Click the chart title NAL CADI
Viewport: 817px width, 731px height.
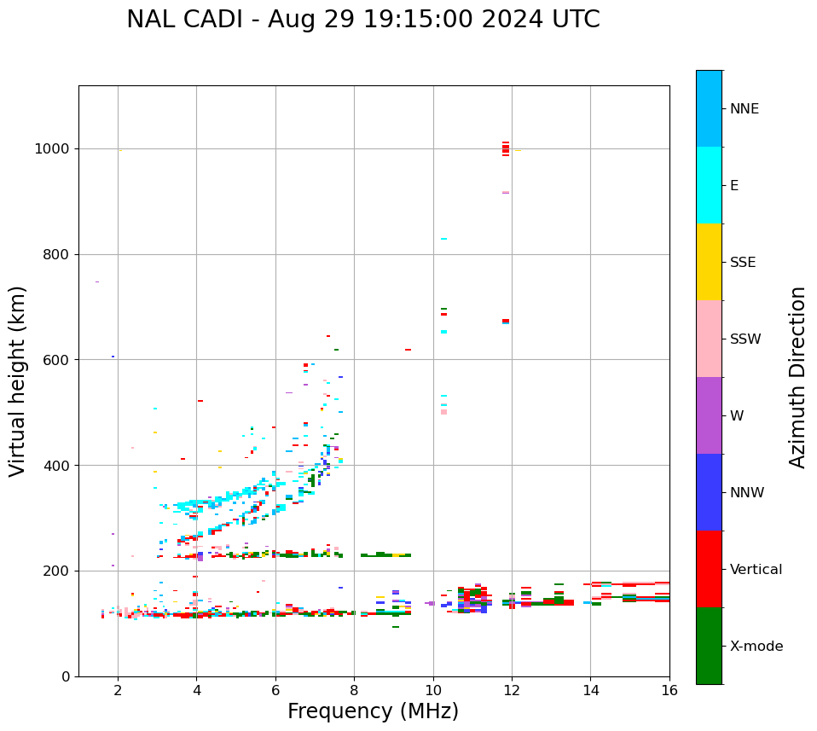click(362, 20)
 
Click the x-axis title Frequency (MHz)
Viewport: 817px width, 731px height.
click(373, 711)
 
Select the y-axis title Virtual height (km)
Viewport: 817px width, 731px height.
click(18, 380)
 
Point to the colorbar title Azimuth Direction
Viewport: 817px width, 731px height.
click(797, 377)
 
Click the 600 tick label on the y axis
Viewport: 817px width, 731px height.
click(55, 360)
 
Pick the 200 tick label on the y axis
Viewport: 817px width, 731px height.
click(55, 571)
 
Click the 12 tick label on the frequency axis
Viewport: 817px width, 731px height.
click(512, 690)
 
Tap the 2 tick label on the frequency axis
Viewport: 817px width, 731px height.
click(118, 690)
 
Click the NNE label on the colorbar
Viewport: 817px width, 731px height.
click(745, 109)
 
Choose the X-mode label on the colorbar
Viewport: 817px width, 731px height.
click(756, 647)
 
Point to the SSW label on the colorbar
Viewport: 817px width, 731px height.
click(745, 339)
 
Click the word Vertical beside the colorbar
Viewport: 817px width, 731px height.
click(756, 570)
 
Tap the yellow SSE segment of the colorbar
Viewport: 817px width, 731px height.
click(709, 262)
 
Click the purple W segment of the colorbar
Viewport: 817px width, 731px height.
click(709, 415)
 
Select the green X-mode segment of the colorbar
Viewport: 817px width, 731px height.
click(709, 646)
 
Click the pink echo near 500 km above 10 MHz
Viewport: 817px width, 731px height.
click(443, 412)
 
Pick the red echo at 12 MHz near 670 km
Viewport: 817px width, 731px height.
click(506, 321)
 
